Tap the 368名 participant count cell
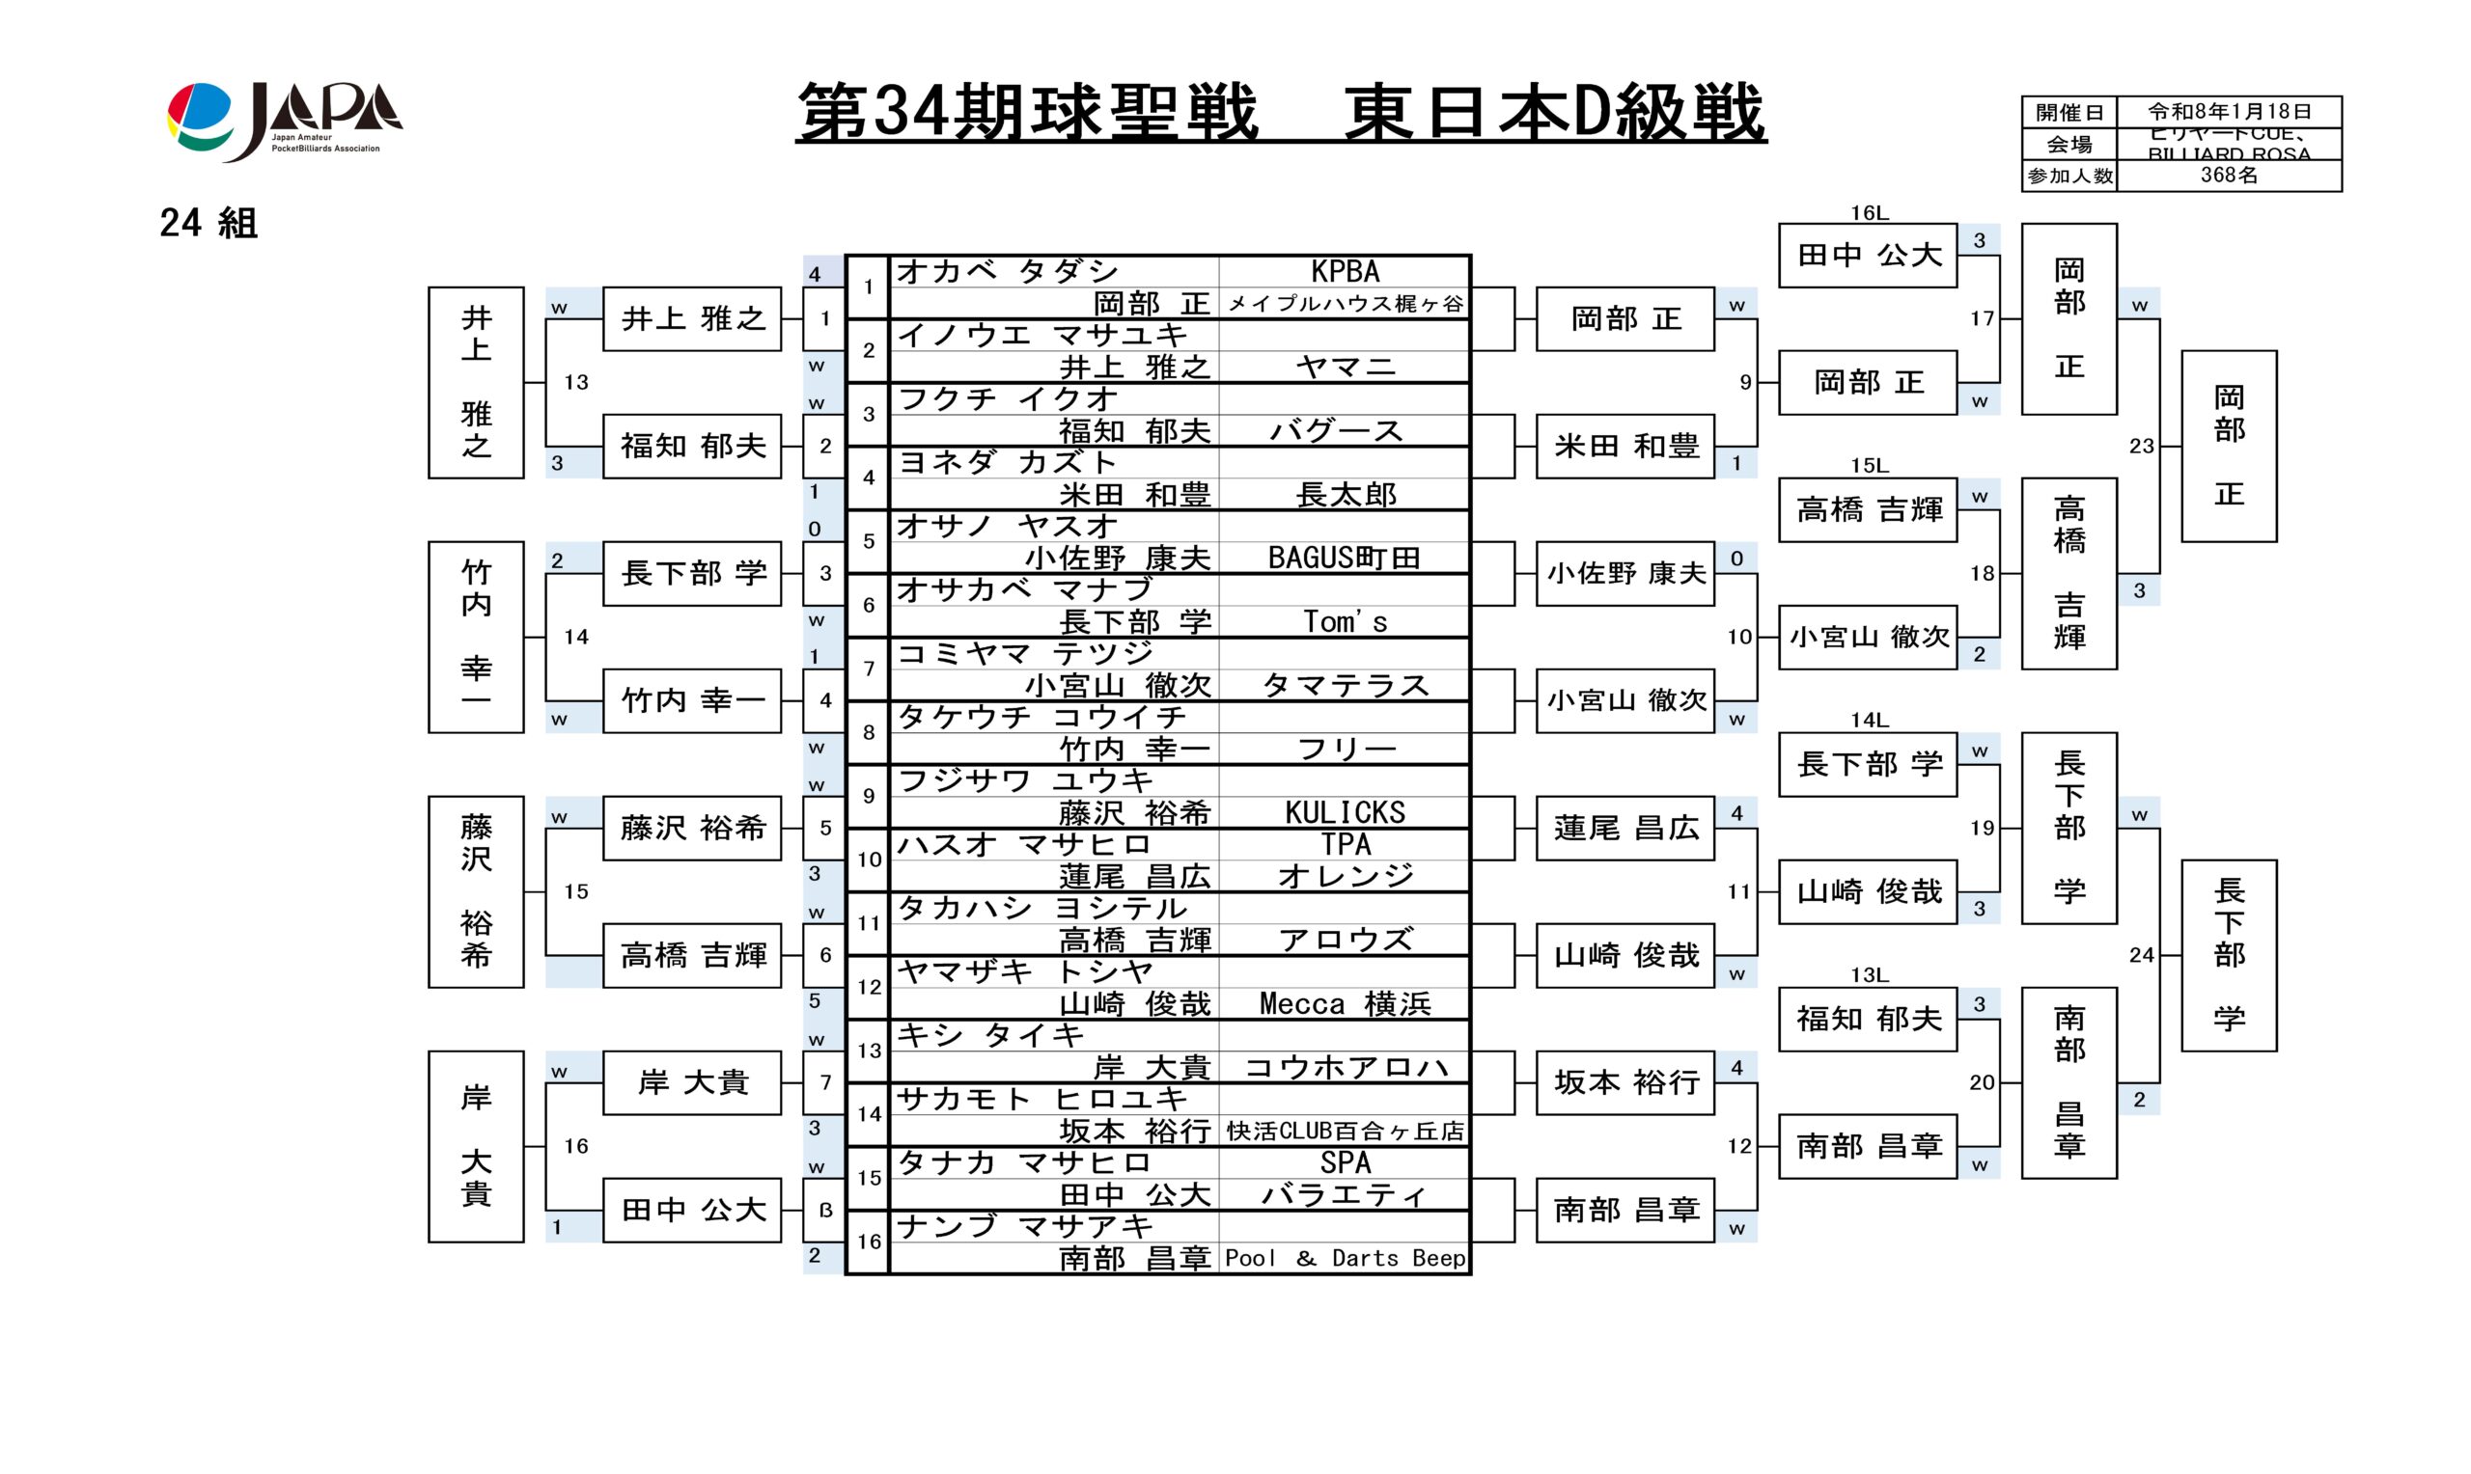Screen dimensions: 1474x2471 (2228, 176)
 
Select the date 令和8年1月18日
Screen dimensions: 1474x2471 (2229, 112)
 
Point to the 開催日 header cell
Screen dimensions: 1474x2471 (2068, 112)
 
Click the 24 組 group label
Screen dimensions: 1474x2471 (208, 224)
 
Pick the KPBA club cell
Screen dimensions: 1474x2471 (1345, 271)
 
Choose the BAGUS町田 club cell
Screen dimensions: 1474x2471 (1345, 559)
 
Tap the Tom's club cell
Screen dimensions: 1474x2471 (1345, 622)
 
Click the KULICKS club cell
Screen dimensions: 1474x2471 (1345, 812)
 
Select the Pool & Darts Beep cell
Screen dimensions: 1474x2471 (1345, 1259)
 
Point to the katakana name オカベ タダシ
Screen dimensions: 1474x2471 (1008, 271)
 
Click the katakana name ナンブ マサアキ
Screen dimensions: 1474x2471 (1024, 1227)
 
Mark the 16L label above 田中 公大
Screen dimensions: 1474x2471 (1869, 212)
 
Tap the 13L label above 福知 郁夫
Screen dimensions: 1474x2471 (1869, 975)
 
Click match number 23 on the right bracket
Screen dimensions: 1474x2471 (2141, 446)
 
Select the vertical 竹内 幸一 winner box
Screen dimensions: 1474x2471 (476, 637)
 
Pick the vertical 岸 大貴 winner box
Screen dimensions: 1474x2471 (476, 1146)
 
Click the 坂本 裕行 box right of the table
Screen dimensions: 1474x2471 (1625, 1082)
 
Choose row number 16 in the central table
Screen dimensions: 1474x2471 (869, 1242)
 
